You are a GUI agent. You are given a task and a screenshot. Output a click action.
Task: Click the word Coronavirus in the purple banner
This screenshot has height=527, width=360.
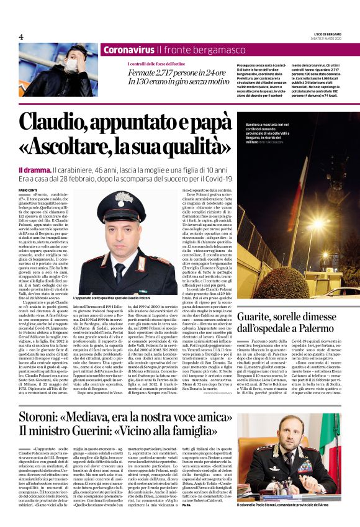point(128,49)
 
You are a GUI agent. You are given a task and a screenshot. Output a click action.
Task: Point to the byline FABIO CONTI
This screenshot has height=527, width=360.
point(29,172)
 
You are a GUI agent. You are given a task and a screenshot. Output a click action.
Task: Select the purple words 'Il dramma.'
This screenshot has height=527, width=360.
point(35,153)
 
